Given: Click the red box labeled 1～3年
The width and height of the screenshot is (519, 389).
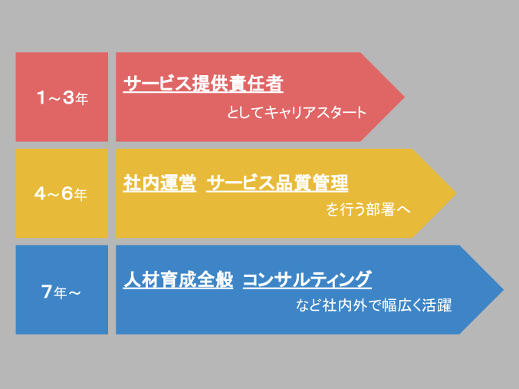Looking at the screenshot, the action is click(x=62, y=97).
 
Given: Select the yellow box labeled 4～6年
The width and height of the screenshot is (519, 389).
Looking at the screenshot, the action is click(x=62, y=193).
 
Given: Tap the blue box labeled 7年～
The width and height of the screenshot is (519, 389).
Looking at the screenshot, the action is click(x=62, y=289).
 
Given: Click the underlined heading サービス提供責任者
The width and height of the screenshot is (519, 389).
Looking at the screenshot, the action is click(x=203, y=84).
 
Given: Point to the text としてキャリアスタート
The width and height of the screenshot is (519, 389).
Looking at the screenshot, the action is click(x=297, y=112).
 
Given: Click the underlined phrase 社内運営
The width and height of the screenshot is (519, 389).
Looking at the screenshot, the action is click(x=159, y=183).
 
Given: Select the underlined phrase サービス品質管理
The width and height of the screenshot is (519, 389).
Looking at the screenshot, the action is click(x=278, y=183).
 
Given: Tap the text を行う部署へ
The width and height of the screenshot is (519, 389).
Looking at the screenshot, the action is click(x=368, y=209).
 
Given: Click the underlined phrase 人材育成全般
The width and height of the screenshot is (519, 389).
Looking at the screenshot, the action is click(x=178, y=279).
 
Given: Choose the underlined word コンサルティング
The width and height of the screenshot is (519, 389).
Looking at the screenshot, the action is click(x=307, y=279).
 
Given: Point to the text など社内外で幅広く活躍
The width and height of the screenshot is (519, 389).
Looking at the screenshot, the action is click(x=373, y=305).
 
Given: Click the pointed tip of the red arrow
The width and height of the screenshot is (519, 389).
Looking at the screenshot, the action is click(x=405, y=97).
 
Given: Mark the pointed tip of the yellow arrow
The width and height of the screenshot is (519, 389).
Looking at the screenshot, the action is click(x=456, y=193).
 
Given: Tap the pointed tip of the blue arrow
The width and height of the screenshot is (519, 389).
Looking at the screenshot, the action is click(x=504, y=289).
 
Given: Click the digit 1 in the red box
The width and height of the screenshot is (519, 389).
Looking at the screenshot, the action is click(x=41, y=97).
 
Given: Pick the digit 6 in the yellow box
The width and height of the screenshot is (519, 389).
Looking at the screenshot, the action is click(x=67, y=193).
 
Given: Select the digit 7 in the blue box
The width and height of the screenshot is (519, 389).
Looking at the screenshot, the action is click(x=47, y=292).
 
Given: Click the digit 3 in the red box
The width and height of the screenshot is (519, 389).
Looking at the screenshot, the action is click(x=68, y=97).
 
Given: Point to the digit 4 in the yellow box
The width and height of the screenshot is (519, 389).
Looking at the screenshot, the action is click(x=40, y=193).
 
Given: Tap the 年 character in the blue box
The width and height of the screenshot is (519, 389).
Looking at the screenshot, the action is click(x=61, y=293).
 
